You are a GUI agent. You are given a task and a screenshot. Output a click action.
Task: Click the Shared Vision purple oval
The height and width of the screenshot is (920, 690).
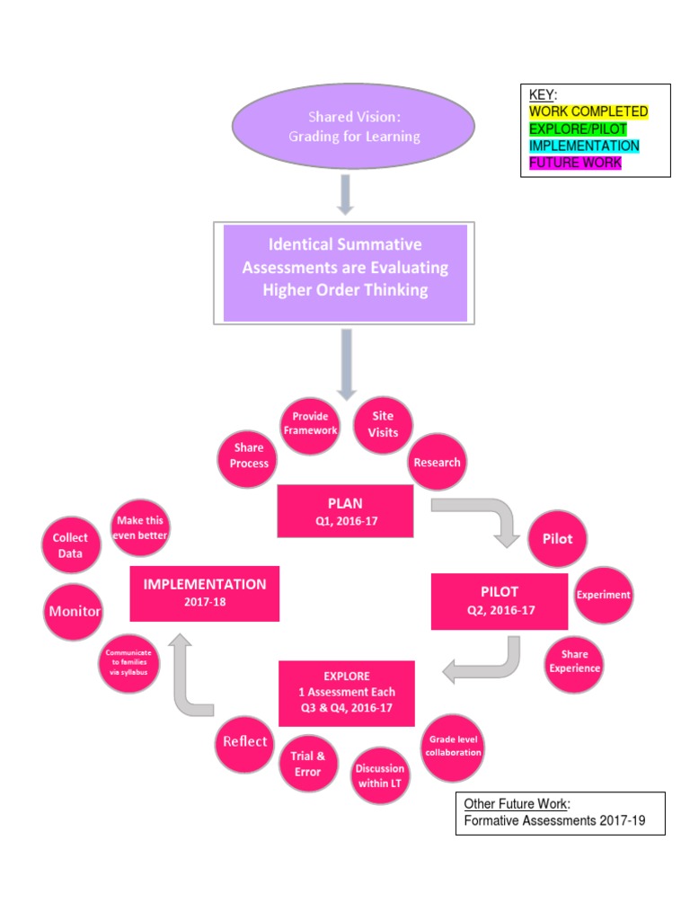(x=352, y=127)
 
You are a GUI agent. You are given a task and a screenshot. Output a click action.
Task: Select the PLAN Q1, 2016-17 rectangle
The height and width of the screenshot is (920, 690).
(x=345, y=510)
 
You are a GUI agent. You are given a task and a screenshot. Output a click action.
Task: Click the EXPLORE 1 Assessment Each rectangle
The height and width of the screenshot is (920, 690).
(x=346, y=693)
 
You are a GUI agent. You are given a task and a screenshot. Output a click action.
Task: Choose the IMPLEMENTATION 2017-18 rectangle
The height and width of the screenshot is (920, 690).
(x=205, y=592)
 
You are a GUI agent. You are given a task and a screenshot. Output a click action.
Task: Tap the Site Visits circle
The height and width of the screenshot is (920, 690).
(x=385, y=424)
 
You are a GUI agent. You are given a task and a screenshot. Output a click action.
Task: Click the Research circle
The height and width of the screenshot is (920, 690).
(x=437, y=463)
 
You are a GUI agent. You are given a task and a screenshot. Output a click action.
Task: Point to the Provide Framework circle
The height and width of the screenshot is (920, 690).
(x=311, y=423)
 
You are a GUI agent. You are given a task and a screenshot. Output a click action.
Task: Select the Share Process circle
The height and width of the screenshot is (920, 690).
(x=249, y=456)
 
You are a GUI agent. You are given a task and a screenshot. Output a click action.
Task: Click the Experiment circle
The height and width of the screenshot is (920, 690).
(x=603, y=595)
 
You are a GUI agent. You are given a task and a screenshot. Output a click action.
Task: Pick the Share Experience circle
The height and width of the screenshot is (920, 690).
(x=575, y=661)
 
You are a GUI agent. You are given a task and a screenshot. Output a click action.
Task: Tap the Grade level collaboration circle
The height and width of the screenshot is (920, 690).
(x=454, y=747)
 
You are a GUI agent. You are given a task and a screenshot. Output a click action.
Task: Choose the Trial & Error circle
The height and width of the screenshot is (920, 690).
(x=307, y=764)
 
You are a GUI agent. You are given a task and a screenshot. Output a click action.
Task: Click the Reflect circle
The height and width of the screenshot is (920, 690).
(x=245, y=741)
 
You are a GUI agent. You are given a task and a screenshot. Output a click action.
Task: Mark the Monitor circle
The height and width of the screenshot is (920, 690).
(x=74, y=612)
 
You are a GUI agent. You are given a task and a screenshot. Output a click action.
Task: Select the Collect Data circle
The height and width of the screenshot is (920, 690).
(x=70, y=546)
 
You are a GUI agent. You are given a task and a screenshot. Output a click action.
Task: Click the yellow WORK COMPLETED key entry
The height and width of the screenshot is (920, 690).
(x=588, y=111)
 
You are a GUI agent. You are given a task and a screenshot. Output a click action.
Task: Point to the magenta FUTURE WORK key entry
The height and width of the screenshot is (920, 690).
(x=575, y=163)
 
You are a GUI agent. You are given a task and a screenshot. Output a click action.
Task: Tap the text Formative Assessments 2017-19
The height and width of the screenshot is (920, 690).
(x=554, y=820)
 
